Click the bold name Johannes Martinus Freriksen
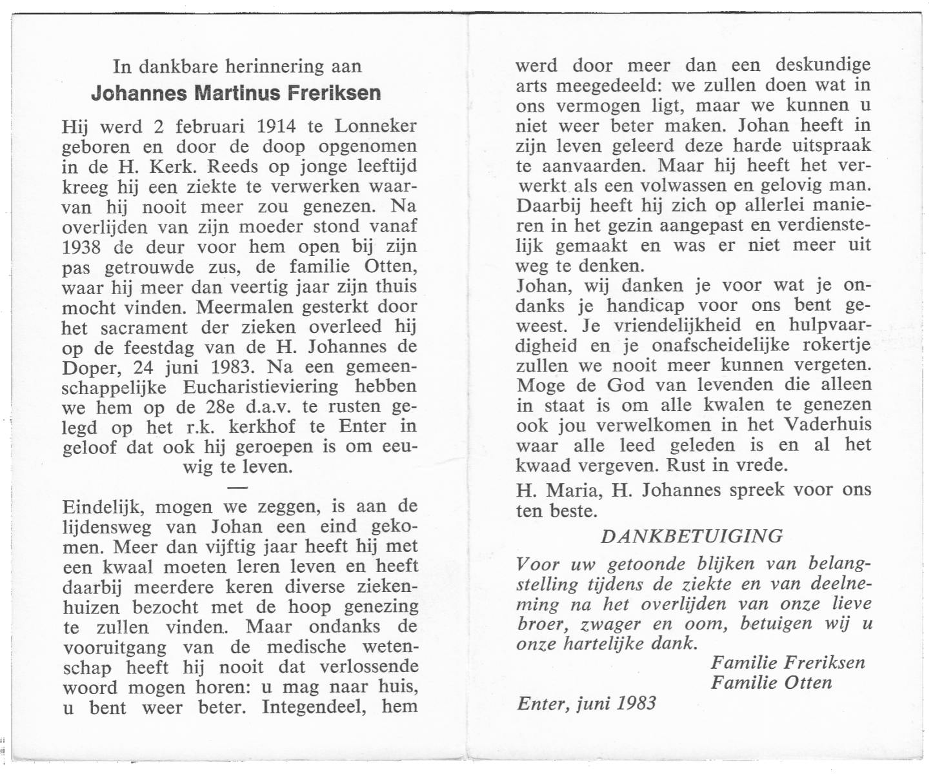[236, 94]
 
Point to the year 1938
[83, 247]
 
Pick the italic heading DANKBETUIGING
[692, 536]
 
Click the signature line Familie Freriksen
[787, 662]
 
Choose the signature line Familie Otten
[771, 682]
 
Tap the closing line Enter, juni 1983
[587, 703]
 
